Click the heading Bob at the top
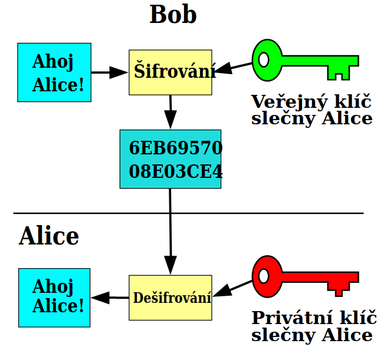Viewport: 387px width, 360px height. coord(173,15)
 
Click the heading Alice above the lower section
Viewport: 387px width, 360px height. coord(49,236)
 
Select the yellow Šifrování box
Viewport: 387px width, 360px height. coord(170,72)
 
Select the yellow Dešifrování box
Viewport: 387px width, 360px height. coord(170,298)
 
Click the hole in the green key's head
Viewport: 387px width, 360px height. coord(264,60)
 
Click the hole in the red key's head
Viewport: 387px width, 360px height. coord(264,275)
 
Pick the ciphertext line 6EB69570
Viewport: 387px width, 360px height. coord(175,148)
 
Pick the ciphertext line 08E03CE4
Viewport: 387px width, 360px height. coord(175,171)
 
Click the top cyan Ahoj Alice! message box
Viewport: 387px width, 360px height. coord(54,72)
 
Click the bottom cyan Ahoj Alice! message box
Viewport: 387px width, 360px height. coord(54,298)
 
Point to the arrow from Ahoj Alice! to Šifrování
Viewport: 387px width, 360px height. coord(110,72)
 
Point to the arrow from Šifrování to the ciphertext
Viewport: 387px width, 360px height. coord(170,112)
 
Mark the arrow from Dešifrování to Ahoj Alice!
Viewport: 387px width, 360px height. coord(110,298)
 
